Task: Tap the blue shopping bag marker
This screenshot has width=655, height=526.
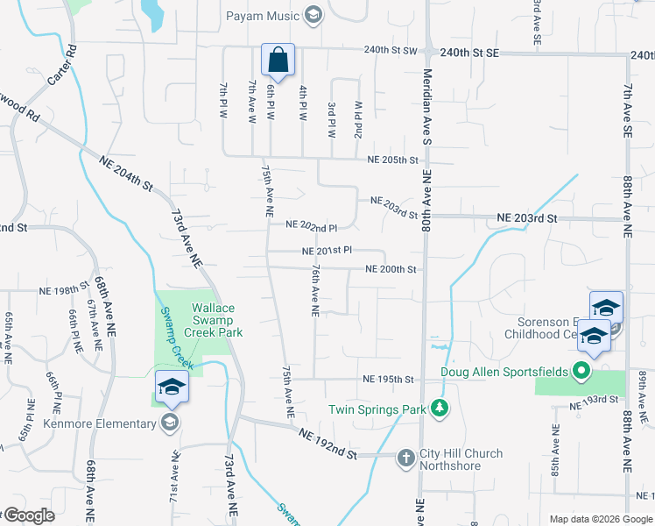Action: click(x=278, y=60)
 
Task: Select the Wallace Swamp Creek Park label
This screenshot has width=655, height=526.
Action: click(x=217, y=320)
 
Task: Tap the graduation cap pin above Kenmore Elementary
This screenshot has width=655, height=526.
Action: click(x=172, y=387)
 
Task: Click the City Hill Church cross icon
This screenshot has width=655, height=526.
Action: click(x=405, y=457)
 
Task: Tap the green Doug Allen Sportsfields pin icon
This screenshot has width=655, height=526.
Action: click(x=580, y=372)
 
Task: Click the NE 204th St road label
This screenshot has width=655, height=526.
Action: click(x=126, y=174)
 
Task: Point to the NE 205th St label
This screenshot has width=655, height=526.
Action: click(x=392, y=159)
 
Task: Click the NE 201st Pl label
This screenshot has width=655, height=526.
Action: click(x=327, y=251)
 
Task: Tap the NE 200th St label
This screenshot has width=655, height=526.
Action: click(x=390, y=269)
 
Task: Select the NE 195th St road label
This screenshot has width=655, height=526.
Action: click(x=388, y=379)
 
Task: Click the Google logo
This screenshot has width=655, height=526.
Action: click(x=28, y=515)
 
